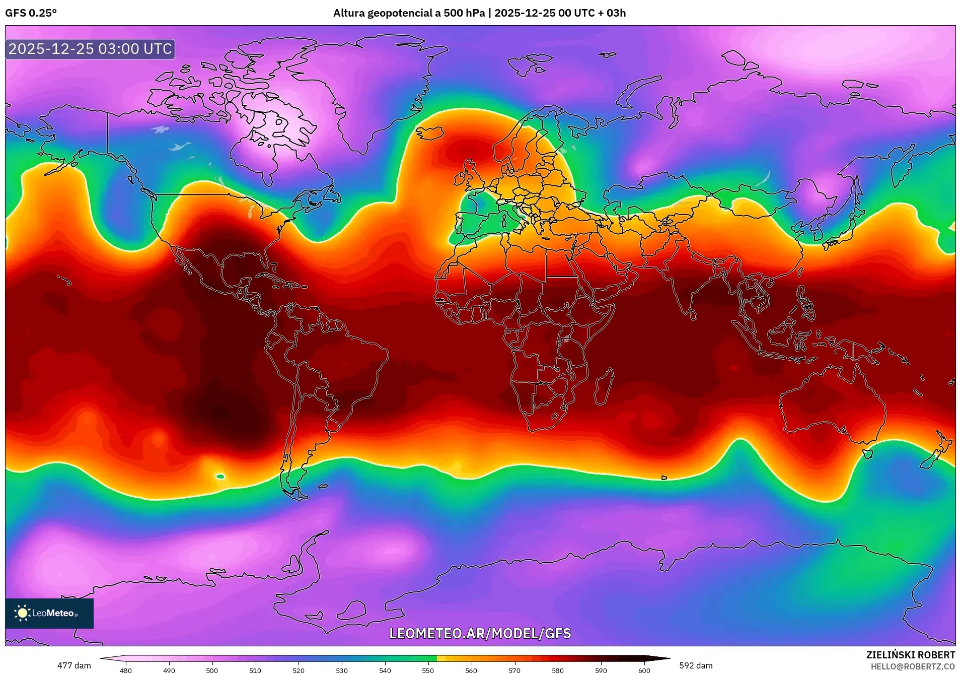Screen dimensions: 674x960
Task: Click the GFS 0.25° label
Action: [x=31, y=13]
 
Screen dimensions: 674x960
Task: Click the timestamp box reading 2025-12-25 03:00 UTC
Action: [x=90, y=49]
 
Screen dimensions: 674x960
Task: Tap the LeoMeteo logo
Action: [x=49, y=613]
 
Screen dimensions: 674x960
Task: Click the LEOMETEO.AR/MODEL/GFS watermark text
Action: [x=480, y=633]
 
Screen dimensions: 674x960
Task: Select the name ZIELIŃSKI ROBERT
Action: [x=910, y=655]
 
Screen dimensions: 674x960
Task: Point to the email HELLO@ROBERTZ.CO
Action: [x=913, y=666]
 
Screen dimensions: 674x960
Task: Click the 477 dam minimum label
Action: [x=74, y=665]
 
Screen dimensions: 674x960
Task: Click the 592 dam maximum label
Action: [x=696, y=665]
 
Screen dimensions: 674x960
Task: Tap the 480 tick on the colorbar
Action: [x=126, y=670]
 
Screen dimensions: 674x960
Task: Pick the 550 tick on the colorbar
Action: [x=428, y=670]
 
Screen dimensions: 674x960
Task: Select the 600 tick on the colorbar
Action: [x=644, y=670]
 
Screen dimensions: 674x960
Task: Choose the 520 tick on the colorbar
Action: [x=299, y=670]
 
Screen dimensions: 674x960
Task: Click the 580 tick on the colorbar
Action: [x=558, y=670]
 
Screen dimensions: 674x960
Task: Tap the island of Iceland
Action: [x=429, y=133]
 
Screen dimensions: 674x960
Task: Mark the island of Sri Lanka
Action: [x=693, y=314]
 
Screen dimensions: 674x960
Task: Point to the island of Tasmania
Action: [x=867, y=454]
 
